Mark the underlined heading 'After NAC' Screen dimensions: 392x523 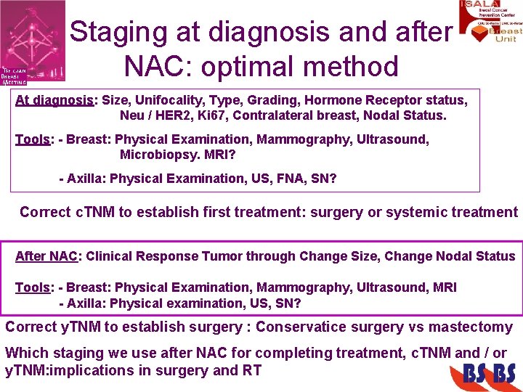(46, 256)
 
